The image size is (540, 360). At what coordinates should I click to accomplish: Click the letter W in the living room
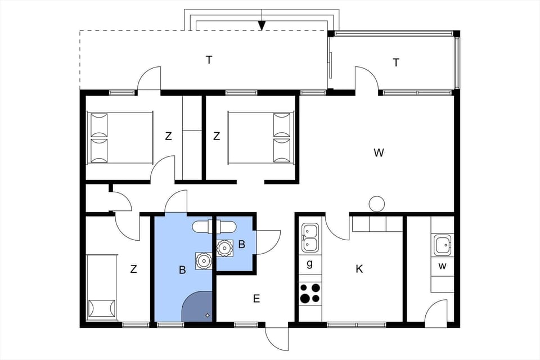coord(379,152)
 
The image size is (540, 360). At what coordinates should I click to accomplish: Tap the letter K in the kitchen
coord(359,269)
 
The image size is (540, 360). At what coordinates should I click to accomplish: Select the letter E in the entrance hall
coord(256,299)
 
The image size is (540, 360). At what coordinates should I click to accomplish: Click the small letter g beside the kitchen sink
coord(309,264)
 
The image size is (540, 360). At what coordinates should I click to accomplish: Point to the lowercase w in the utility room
coord(442,265)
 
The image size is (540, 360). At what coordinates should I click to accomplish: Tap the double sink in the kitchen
coord(309,237)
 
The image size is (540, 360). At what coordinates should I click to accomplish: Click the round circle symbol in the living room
coord(376,204)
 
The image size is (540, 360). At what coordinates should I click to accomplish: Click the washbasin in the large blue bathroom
coord(202,260)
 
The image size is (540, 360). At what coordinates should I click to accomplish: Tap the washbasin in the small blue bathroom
coord(225,247)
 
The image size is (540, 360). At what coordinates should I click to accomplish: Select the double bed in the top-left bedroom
coord(120,137)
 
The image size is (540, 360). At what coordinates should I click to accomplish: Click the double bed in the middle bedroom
coord(260,137)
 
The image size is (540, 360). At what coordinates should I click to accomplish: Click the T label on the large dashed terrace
coord(209,60)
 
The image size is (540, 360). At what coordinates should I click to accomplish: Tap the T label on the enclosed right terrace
coord(396,62)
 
